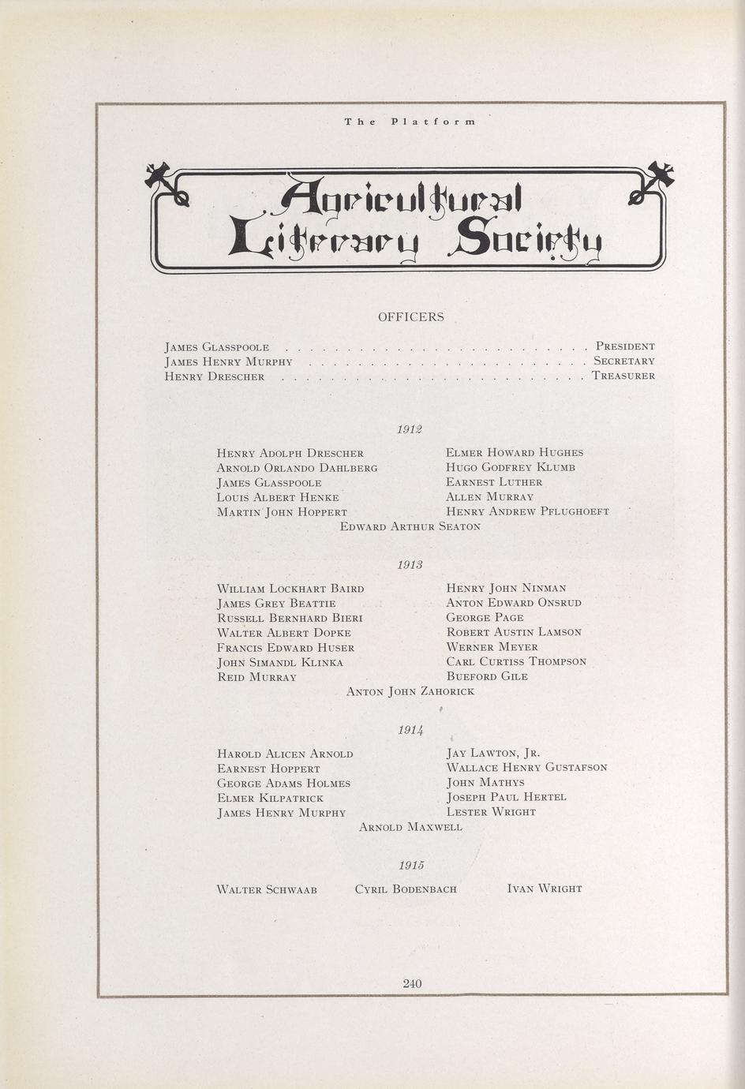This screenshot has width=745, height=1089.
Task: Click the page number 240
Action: click(x=412, y=983)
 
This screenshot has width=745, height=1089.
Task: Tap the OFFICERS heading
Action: click(x=410, y=317)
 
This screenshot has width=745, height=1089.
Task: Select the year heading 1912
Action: click(x=410, y=429)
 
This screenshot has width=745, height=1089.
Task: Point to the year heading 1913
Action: click(x=410, y=565)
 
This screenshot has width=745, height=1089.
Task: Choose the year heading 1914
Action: click(x=410, y=731)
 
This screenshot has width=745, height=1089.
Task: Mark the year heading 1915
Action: click(x=411, y=866)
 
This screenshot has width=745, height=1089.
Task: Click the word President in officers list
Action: click(x=625, y=346)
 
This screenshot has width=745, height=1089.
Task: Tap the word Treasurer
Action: click(x=623, y=376)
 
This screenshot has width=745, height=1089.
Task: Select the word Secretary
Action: click(x=624, y=361)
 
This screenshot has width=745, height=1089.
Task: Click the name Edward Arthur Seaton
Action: click(x=410, y=526)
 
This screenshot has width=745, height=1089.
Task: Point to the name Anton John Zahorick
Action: click(x=410, y=692)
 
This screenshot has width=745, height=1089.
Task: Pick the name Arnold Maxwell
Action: click(x=410, y=827)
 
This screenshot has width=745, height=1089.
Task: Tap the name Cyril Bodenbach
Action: click(x=406, y=889)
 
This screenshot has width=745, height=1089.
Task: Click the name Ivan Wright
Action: click(x=545, y=889)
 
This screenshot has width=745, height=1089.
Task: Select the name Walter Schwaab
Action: click(x=267, y=889)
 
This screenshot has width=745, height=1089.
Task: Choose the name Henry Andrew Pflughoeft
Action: click(x=527, y=511)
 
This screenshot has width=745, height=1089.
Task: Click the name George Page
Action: click(x=474, y=618)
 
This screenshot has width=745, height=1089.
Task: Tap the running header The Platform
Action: click(x=410, y=122)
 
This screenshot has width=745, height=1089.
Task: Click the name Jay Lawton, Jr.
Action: click(x=493, y=753)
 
